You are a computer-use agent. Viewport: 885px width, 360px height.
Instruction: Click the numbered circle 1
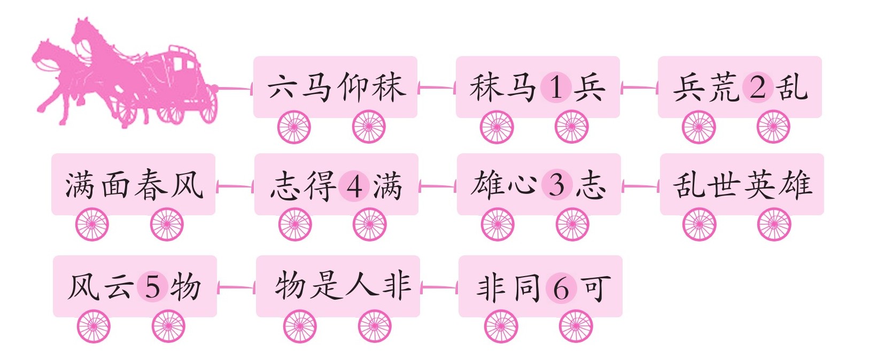pyautogui.click(x=555, y=87)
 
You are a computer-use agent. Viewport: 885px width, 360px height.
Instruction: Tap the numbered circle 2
pyautogui.click(x=758, y=87)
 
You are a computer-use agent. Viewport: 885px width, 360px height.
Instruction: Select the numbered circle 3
pyautogui.click(x=557, y=185)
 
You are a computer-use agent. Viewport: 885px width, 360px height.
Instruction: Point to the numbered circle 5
pyautogui.click(x=152, y=287)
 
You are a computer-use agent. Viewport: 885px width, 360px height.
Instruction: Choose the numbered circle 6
pyautogui.click(x=561, y=288)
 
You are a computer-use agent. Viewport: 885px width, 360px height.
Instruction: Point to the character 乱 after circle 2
pyautogui.click(x=791, y=87)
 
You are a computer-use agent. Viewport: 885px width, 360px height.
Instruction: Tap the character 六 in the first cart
pyautogui.click(x=281, y=87)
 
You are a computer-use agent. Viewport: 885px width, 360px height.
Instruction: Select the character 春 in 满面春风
pyautogui.click(x=151, y=184)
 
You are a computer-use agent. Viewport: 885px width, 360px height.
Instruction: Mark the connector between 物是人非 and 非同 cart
pyautogui.click(x=439, y=287)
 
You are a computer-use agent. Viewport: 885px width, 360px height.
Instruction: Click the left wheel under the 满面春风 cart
pyautogui.click(x=92, y=224)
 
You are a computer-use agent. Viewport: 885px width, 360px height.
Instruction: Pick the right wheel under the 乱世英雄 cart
pyautogui.click(x=774, y=224)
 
